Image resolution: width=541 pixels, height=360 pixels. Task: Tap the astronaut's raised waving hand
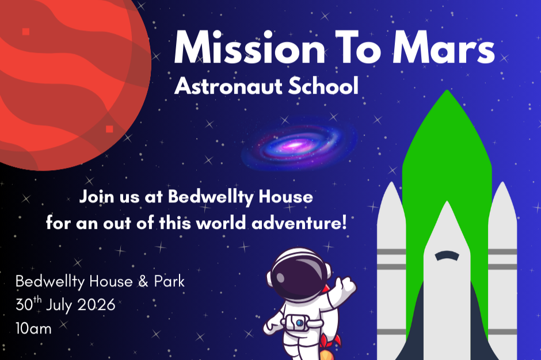point(346,284)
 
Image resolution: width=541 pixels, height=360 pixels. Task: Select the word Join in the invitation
point(95,197)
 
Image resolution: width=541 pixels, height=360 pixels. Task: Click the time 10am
point(33,329)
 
